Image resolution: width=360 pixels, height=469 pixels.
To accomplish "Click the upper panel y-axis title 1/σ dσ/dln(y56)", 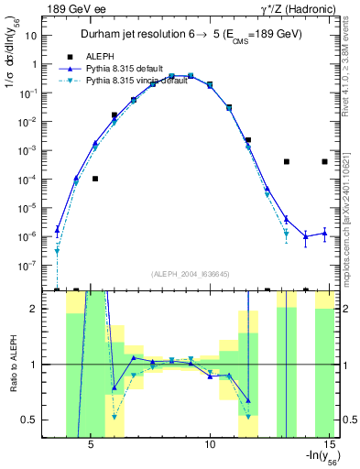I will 12,55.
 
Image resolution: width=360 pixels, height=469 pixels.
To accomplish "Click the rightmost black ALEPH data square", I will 324,161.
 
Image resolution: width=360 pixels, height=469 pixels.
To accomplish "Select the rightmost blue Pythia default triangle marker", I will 324,234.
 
